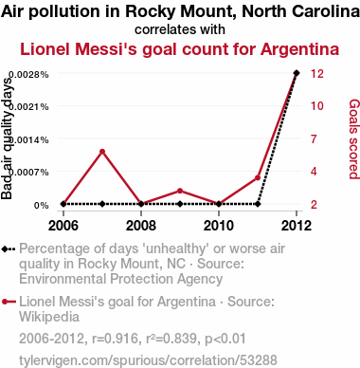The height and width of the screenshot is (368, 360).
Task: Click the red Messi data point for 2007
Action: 102,152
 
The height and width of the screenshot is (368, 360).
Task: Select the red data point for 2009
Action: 180,191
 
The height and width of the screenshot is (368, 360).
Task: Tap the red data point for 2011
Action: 258,178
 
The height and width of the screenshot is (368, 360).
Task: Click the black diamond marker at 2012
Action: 297,73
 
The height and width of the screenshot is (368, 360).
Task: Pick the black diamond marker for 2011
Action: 258,204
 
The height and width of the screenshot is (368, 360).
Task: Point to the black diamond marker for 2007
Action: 102,204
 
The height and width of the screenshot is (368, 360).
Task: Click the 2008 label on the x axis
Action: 141,226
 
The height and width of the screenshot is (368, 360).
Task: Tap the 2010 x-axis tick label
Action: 219,226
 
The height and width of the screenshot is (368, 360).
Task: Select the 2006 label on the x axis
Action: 63,226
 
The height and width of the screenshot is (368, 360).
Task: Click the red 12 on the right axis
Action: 317,74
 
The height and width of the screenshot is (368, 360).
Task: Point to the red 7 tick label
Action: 314,138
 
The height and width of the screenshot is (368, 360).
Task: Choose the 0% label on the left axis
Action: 42,206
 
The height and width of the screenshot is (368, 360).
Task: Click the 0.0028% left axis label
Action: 28,75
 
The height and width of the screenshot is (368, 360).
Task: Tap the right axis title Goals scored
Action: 354,139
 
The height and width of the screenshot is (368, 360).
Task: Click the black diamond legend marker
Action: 9,249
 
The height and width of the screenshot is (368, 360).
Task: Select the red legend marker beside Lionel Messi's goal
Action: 9,302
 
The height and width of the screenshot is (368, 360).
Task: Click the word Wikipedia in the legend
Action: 49,317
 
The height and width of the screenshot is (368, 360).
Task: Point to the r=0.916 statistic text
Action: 115,339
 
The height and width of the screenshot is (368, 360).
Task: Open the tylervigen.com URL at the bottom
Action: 148,360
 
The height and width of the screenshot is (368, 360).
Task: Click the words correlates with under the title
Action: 180,29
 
